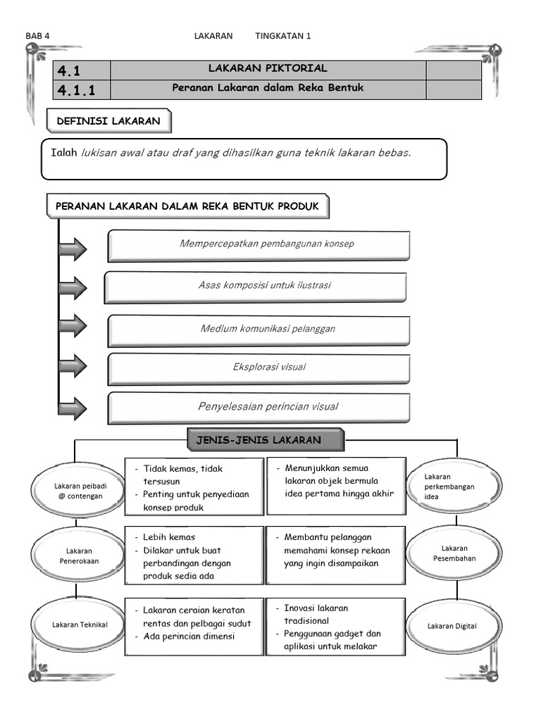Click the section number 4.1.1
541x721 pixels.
tap(77, 89)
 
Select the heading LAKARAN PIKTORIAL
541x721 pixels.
tap(268, 69)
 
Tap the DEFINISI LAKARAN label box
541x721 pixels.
tap(108, 121)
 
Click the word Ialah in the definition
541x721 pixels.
tap(64, 153)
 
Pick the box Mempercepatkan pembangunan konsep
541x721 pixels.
tap(259, 245)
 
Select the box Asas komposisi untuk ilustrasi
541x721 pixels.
tap(256, 287)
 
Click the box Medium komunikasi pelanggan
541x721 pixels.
tap(259, 329)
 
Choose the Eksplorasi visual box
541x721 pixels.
tap(259, 368)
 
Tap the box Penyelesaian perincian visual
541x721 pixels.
tap(259, 407)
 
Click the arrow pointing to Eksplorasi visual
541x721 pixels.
tap(73, 366)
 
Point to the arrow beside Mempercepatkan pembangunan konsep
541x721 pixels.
tap(73, 249)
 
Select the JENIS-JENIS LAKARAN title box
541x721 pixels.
tap(266, 441)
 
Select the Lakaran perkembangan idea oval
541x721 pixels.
tap(454, 487)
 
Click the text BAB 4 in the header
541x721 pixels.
tap(38, 36)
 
